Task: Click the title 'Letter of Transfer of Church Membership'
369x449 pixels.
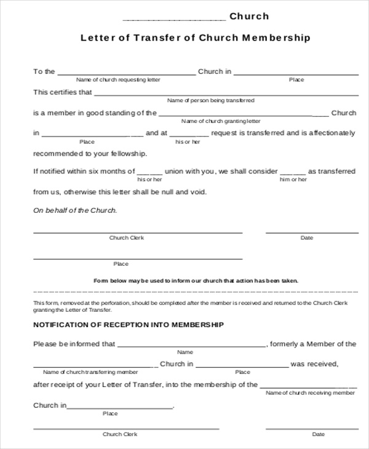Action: coord(196,38)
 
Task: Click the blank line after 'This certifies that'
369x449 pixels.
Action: coord(226,95)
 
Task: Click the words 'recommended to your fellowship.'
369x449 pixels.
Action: coord(90,153)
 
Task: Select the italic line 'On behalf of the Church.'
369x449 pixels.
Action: coord(75,210)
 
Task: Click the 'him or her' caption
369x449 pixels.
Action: coord(293,180)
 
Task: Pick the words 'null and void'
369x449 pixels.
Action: coord(185,192)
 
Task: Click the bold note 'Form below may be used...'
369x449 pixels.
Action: coord(196,280)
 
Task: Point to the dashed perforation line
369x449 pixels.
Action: coord(196,292)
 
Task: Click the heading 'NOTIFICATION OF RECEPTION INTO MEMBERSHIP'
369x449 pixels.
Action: coord(129,324)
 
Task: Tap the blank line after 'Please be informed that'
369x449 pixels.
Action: coord(191,347)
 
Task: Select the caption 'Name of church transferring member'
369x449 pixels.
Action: coord(90,372)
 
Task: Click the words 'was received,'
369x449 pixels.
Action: coord(314,364)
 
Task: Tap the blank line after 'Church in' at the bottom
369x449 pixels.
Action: coord(119,408)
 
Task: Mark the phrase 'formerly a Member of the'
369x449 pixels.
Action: coord(313,344)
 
